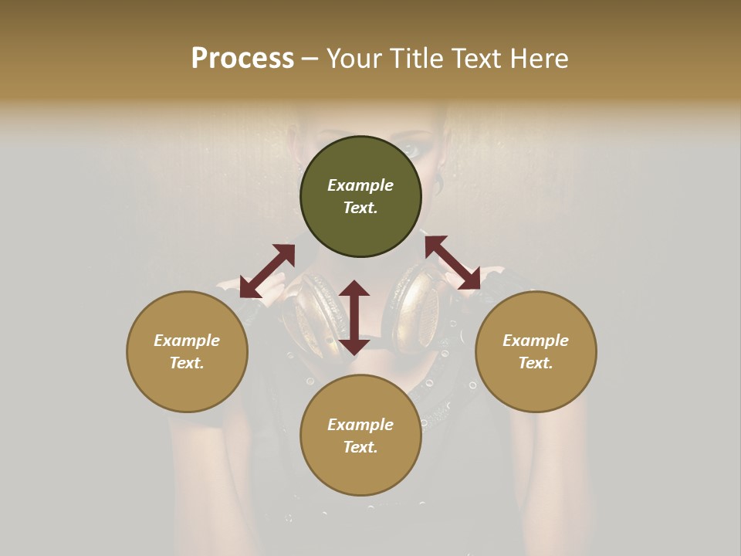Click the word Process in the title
[x=242, y=59]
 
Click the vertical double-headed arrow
[x=354, y=317]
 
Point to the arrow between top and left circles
[x=267, y=271]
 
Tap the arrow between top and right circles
[x=453, y=263]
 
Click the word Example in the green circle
[x=360, y=185]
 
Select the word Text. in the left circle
[x=187, y=363]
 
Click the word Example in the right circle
[x=536, y=341]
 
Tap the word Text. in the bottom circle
[x=360, y=447]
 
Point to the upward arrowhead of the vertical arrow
[x=354, y=288]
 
